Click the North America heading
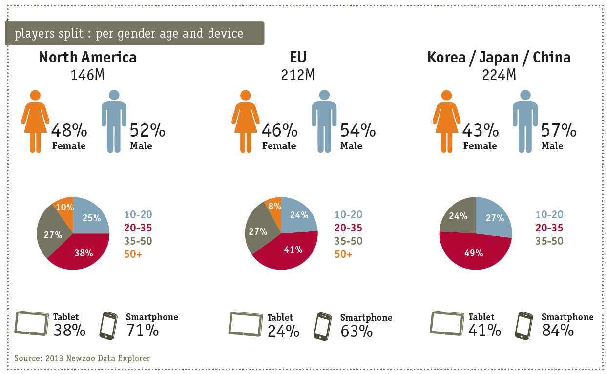[x=87, y=58]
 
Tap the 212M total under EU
[x=298, y=75]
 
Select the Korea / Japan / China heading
[x=499, y=58]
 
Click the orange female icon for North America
[x=35, y=121]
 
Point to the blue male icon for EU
[x=324, y=121]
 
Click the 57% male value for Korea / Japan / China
[x=559, y=130]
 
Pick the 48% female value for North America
[x=69, y=130]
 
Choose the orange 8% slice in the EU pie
[x=274, y=207]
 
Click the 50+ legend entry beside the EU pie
[x=343, y=254]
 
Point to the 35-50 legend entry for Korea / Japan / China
[x=549, y=241]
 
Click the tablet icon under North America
[x=32, y=322]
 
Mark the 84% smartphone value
[x=558, y=331]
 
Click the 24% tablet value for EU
[x=283, y=331]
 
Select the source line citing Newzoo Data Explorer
[x=82, y=358]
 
